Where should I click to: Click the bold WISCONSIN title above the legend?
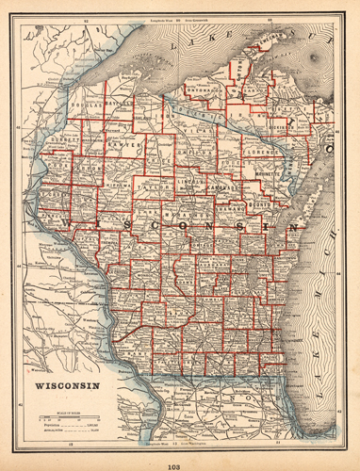66,385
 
